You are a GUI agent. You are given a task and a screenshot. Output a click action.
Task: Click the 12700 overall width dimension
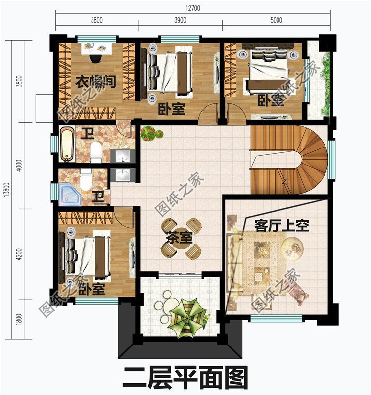tap(193, 8)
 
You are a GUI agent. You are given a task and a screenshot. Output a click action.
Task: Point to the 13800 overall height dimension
tap(6, 188)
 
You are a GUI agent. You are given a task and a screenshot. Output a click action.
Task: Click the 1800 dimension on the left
tap(19, 317)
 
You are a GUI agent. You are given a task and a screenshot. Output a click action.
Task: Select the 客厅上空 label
tap(281, 226)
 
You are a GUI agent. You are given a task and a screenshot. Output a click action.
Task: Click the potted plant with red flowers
tap(150, 133)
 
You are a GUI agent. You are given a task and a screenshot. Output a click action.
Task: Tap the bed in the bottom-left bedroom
tap(87, 256)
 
